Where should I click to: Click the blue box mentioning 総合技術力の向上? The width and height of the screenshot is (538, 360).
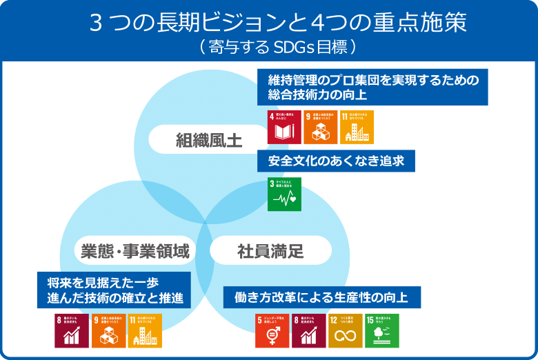click(372, 87)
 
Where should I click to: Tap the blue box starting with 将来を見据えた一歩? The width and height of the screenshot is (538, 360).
click(114, 290)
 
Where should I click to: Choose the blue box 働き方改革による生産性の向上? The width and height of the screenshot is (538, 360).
click(321, 297)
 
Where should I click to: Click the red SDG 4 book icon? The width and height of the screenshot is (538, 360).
click(284, 127)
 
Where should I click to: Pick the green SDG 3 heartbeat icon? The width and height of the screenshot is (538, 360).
click(284, 194)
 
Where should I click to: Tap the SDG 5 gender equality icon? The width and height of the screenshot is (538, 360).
click(272, 330)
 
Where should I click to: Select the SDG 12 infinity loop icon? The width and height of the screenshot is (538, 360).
click(345, 330)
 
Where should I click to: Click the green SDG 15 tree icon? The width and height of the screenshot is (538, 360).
click(381, 330)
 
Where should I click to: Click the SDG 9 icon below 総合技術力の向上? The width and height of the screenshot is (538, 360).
click(321, 127)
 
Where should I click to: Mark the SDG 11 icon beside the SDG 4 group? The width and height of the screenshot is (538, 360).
click(357, 127)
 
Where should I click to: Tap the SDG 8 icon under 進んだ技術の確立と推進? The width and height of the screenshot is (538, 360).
click(72, 330)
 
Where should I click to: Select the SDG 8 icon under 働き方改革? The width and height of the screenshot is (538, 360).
click(308, 330)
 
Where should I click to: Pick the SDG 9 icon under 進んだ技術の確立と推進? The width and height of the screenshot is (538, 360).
click(108, 330)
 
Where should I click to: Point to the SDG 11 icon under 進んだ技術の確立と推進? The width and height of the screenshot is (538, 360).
click(145, 330)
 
